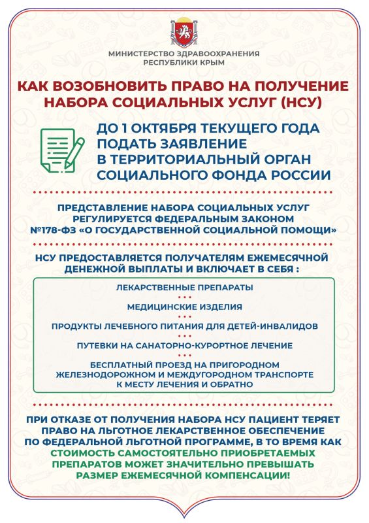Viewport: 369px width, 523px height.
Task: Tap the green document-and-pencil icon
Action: pos(63,148)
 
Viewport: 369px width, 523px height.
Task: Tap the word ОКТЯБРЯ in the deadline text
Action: pos(171,127)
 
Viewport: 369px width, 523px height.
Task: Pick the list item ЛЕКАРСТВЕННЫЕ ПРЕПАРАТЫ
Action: pos(184,288)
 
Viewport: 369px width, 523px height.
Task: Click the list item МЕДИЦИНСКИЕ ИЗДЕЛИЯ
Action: pos(184,307)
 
